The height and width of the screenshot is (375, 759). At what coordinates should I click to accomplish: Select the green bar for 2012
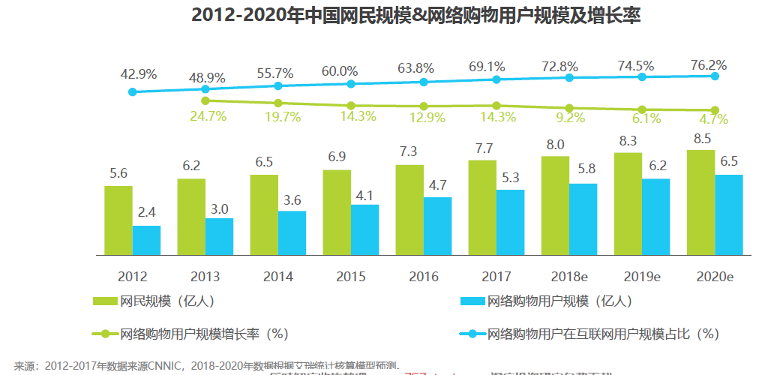pyautogui.click(x=118, y=220)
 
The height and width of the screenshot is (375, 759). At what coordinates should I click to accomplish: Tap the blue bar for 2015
pyautogui.click(x=364, y=229)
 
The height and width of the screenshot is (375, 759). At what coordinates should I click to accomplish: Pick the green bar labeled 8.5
pyautogui.click(x=700, y=202)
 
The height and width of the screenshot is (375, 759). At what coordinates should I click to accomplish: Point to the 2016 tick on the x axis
pyautogui.click(x=424, y=277)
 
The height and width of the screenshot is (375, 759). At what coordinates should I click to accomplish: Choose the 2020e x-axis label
pyautogui.click(x=714, y=277)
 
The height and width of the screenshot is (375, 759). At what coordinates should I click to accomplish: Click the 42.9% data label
pyautogui.click(x=139, y=74)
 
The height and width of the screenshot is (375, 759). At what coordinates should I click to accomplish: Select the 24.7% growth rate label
pyautogui.click(x=208, y=116)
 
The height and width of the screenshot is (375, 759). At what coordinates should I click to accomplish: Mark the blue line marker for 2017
pyautogui.click(x=496, y=79)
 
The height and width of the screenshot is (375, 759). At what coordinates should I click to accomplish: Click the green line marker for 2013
pyautogui.click(x=205, y=100)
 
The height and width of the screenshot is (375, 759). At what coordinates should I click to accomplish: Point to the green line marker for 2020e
pyautogui.click(x=715, y=110)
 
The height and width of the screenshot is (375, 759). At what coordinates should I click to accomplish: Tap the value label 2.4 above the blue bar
pyautogui.click(x=146, y=212)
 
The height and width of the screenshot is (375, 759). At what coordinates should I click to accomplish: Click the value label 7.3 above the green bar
pyautogui.click(x=409, y=151)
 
